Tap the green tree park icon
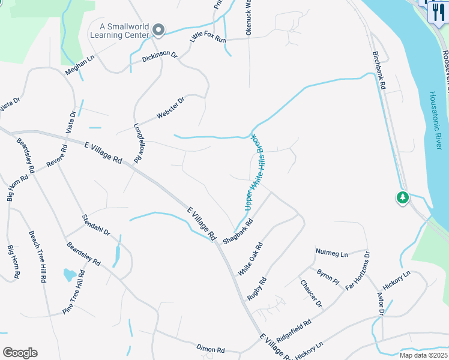(403, 197)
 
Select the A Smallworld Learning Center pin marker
(158, 29)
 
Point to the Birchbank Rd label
(379, 70)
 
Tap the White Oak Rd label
(250, 259)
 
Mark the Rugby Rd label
(256, 289)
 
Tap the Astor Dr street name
(380, 304)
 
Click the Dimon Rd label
(210, 349)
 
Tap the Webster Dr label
(170, 107)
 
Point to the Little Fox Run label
(207, 37)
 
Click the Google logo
(20, 353)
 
